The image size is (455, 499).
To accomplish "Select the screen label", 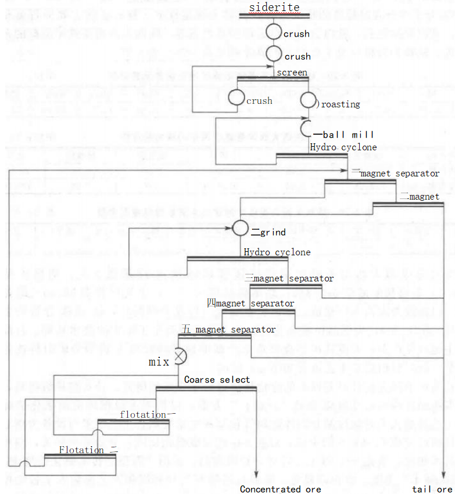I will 292,73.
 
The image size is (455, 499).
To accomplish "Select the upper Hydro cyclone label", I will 343,147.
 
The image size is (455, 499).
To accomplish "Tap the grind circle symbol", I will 240,228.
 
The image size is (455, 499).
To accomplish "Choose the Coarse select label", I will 217,379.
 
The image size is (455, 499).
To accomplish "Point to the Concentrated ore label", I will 280,489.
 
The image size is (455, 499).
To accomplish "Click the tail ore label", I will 432,489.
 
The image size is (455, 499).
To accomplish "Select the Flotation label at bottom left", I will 81,450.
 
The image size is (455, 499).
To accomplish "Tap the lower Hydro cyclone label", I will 277,252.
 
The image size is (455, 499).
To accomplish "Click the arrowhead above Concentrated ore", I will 256,475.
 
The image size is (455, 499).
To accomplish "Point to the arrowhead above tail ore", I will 444,475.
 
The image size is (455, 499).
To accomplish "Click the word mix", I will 158,362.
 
